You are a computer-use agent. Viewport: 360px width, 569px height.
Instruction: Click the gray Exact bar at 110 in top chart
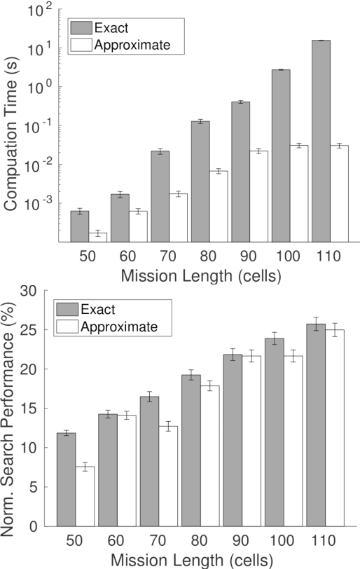pyautogui.click(x=321, y=140)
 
